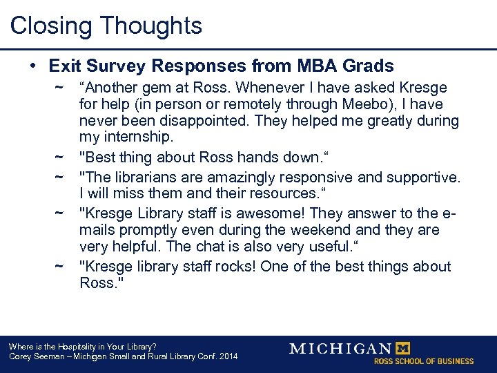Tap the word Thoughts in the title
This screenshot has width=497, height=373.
click(151, 26)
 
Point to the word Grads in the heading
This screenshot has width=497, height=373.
click(369, 66)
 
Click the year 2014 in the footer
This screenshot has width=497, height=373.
click(226, 356)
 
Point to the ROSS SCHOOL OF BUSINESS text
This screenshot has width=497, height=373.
click(424, 361)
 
